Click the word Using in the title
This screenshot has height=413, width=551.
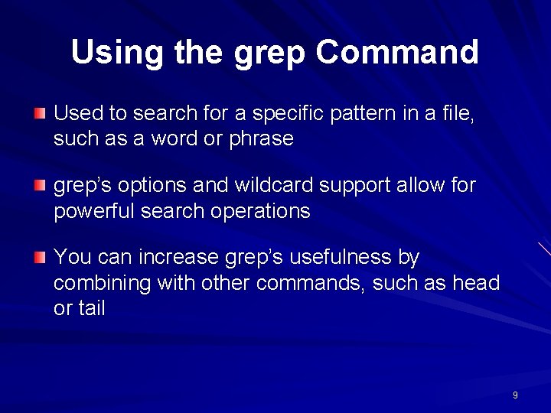pos(116,53)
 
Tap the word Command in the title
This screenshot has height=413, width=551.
pos(397,53)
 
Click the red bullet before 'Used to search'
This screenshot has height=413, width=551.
pos(40,114)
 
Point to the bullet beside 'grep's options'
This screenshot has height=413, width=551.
pos(40,185)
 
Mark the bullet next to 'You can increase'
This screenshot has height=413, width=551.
pos(40,257)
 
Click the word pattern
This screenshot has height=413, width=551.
pos(364,114)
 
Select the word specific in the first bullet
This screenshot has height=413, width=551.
pos(288,115)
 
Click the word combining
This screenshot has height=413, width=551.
pos(102,284)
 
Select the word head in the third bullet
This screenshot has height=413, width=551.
pos(476,283)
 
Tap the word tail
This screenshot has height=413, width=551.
pos(91,308)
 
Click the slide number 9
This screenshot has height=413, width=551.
pos(515,395)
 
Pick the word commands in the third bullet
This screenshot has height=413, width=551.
pos(312,283)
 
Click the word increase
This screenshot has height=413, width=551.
pos(181,257)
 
